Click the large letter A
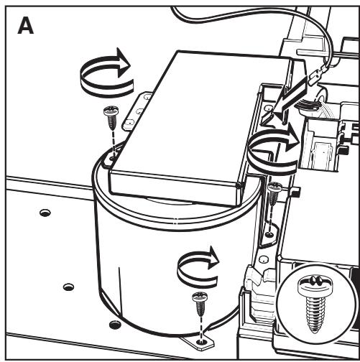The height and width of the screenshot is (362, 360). (26, 25)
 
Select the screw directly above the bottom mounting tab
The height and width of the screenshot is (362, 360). (200, 305)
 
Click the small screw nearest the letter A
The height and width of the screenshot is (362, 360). (111, 117)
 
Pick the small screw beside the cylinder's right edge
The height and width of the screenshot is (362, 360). (274, 194)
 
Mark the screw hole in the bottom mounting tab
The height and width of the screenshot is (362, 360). (200, 343)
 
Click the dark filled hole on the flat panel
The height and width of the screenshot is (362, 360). (115, 325)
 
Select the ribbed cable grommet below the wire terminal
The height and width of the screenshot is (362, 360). (304, 105)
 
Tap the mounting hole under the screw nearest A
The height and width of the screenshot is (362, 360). (111, 159)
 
